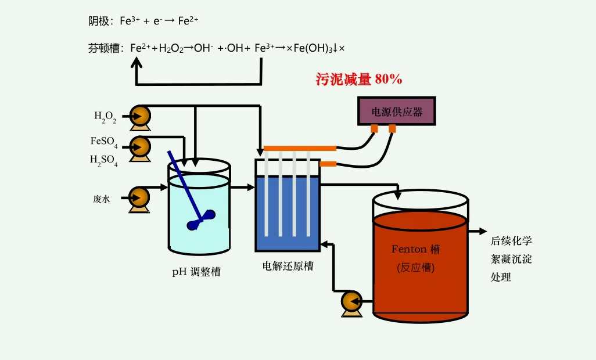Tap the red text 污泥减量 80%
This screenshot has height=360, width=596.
pos(358,80)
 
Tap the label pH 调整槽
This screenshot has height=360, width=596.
pos(196,271)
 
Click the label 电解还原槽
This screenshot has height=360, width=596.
pos(288,267)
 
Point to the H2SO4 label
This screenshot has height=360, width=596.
pos(104,160)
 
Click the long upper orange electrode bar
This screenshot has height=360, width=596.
pos(300,148)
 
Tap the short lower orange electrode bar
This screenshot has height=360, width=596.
pos(328,164)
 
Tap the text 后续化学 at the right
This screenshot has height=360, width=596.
pos(511,240)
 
